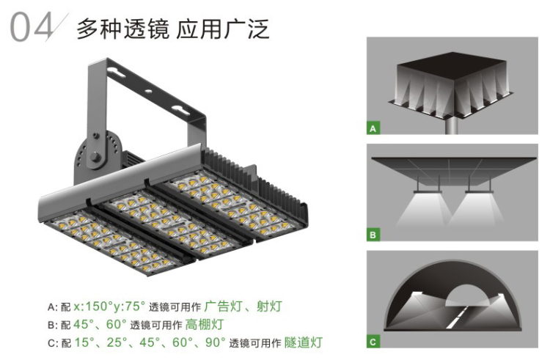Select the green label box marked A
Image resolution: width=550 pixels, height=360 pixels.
pos(373,129)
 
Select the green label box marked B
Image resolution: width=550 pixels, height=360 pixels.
pos(373,235)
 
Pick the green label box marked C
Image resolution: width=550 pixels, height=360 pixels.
pos(373,341)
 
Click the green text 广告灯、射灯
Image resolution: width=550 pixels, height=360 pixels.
pos(243,306)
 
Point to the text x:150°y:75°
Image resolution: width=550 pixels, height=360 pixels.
pos(109,306)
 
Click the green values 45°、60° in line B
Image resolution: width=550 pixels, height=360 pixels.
pos(100,324)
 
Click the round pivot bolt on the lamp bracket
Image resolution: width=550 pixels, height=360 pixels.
pos(96,155)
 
